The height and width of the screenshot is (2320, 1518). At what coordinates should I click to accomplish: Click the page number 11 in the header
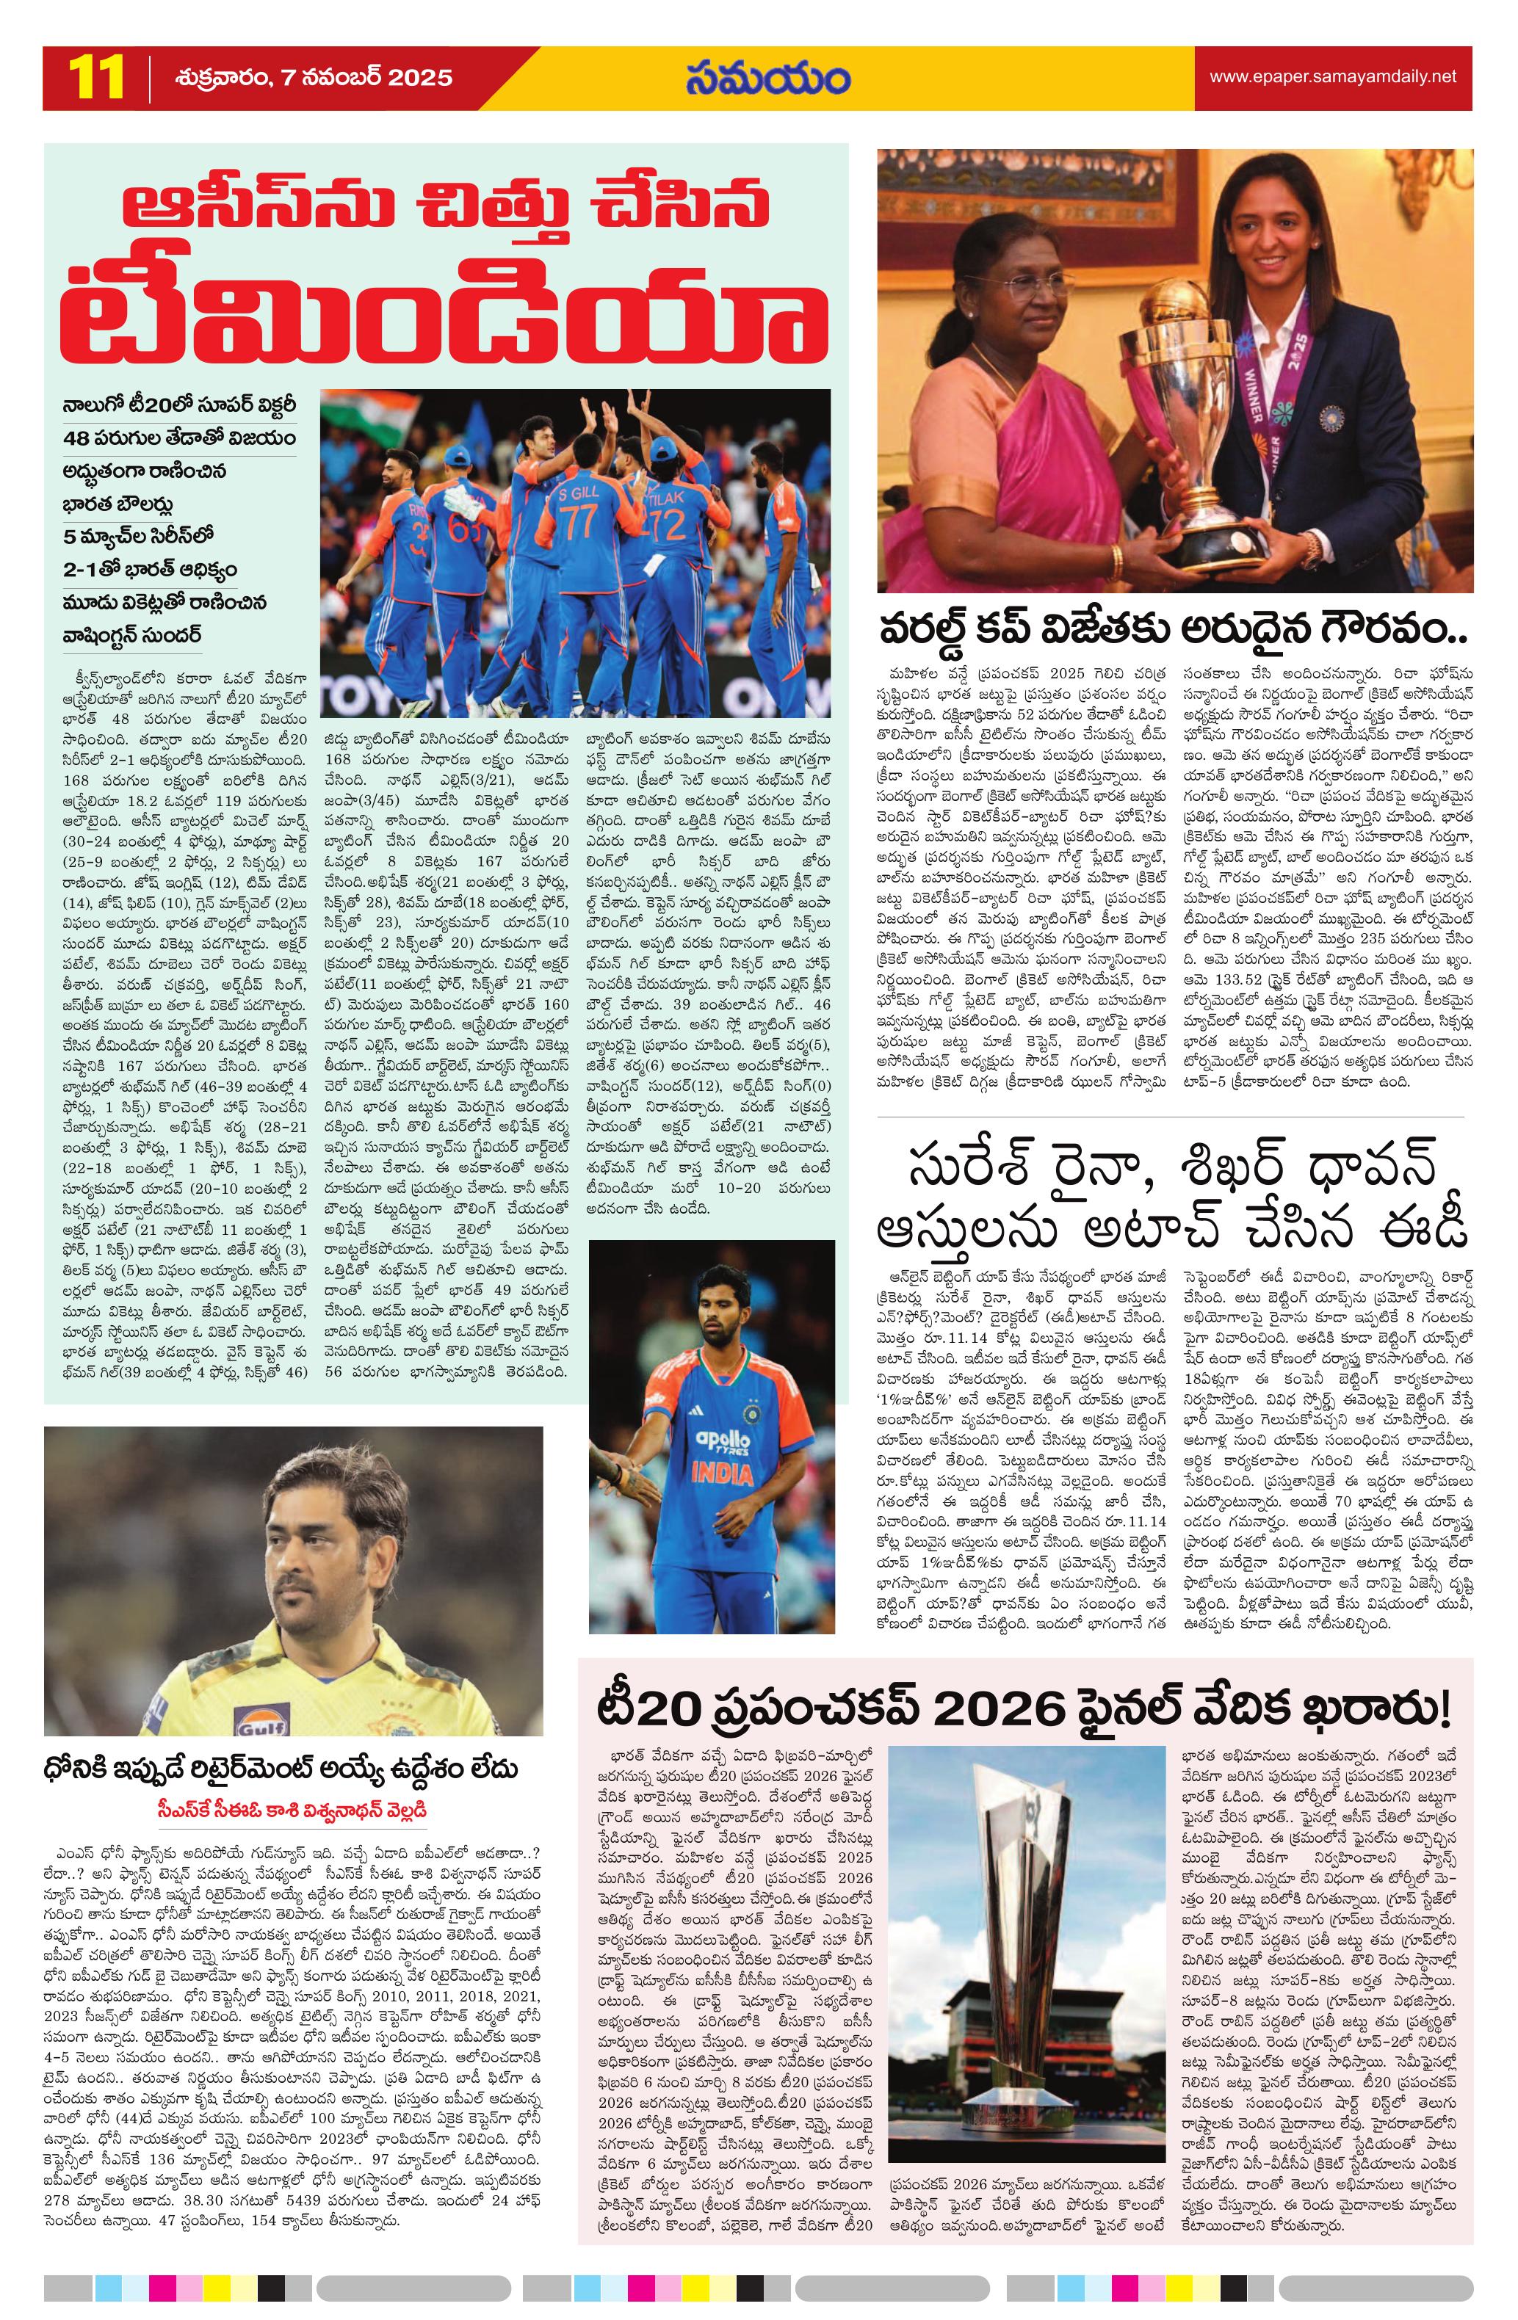pos(95,77)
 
